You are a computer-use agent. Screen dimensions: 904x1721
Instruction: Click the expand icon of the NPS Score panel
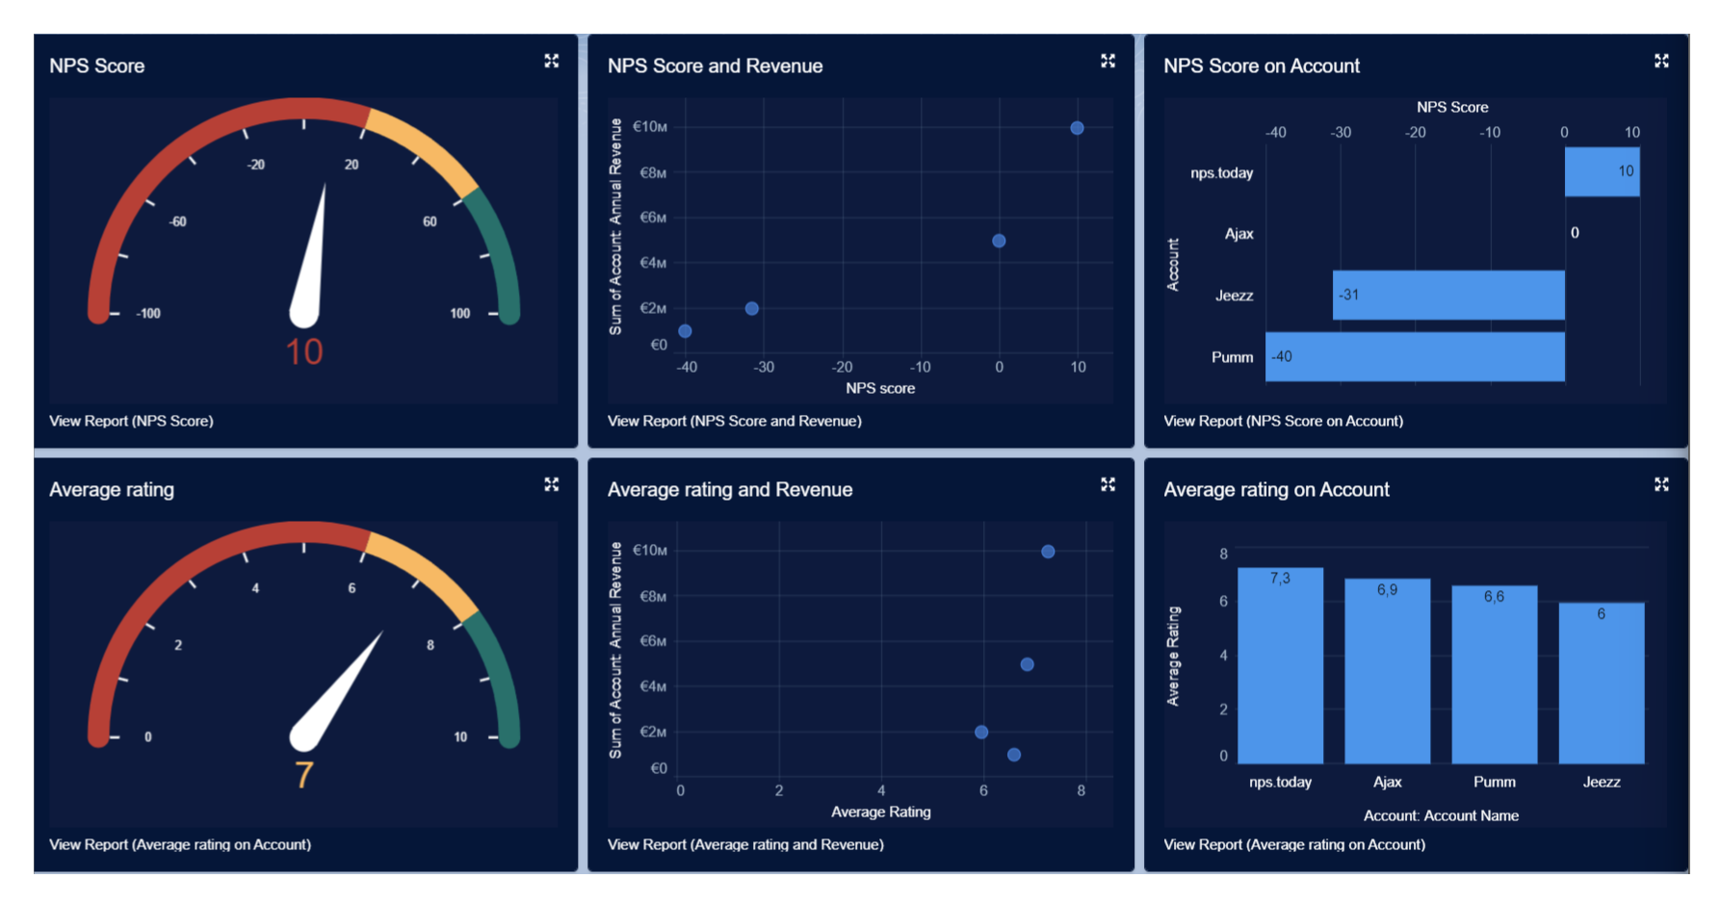(x=552, y=61)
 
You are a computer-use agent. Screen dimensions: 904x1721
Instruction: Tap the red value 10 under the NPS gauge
(x=304, y=352)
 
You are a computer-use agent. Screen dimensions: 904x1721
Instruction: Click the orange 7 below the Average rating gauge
(x=304, y=775)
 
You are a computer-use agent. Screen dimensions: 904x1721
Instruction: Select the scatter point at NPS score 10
(x=1077, y=128)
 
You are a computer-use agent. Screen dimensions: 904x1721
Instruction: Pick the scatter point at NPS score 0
(x=999, y=241)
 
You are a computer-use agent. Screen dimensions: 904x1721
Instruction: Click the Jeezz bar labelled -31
(x=1447, y=296)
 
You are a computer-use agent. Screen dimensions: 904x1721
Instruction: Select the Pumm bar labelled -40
(x=1414, y=357)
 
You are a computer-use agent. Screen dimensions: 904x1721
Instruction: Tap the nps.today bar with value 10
(x=1602, y=172)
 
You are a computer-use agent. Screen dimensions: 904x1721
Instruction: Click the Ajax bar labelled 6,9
(x=1387, y=671)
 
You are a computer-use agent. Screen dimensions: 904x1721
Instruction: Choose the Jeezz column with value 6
(x=1601, y=684)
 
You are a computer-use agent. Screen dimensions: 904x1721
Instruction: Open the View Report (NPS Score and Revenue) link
(x=734, y=421)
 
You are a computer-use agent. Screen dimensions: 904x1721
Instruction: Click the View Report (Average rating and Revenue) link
(x=745, y=844)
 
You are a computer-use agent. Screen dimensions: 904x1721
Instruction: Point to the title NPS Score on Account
(x=1262, y=66)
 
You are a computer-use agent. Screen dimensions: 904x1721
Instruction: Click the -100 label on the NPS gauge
(x=148, y=314)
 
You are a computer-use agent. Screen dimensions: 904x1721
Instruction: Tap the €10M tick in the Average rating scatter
(x=650, y=551)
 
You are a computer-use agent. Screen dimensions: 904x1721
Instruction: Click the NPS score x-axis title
(x=880, y=388)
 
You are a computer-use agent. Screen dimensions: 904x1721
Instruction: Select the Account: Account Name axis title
(x=1441, y=815)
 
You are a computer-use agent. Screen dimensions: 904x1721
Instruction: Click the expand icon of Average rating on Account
(x=1661, y=484)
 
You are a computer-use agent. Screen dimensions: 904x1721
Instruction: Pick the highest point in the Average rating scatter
(x=1048, y=552)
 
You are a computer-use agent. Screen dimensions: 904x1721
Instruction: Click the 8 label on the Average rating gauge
(x=430, y=645)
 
